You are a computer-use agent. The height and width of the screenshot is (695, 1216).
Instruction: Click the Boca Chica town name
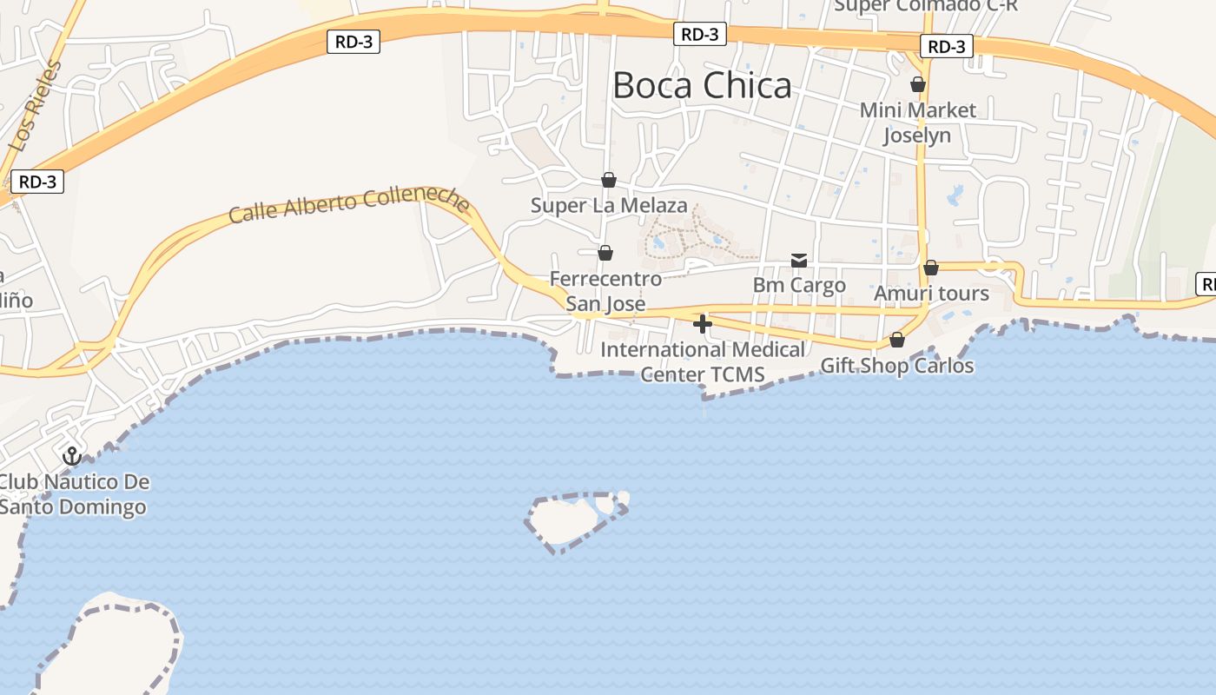pos(702,85)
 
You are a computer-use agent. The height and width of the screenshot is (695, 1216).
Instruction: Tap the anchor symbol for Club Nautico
pos(72,455)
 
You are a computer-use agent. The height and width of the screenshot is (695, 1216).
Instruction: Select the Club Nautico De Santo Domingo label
pos(73,494)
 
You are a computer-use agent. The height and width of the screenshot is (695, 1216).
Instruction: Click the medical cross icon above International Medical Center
pos(703,324)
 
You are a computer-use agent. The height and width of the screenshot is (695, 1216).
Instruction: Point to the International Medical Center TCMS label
pos(703,362)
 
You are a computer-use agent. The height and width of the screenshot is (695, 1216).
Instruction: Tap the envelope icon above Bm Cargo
pos(799,261)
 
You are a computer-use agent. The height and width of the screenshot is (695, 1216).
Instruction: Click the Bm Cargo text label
pos(799,285)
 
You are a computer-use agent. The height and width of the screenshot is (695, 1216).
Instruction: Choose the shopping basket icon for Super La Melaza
pos(609,180)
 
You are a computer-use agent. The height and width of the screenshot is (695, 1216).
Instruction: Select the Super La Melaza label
pos(609,206)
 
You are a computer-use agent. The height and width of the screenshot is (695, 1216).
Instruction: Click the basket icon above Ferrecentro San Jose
pos(605,253)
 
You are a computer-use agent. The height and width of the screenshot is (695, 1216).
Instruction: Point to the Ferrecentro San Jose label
pos(605,291)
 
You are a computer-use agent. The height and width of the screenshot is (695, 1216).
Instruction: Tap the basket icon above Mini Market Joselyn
pos(918,84)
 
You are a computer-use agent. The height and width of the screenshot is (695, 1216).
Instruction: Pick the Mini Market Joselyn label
pos(918,122)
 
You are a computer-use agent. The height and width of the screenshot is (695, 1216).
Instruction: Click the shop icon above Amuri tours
pos(931,268)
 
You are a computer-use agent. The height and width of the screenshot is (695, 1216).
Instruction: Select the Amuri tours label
pos(931,294)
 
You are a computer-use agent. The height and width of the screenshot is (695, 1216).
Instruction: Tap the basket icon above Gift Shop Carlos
pos(897,340)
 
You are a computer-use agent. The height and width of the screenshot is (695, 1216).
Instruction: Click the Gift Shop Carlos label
pos(897,366)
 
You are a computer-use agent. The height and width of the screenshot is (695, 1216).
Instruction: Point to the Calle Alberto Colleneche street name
pos(349,205)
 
